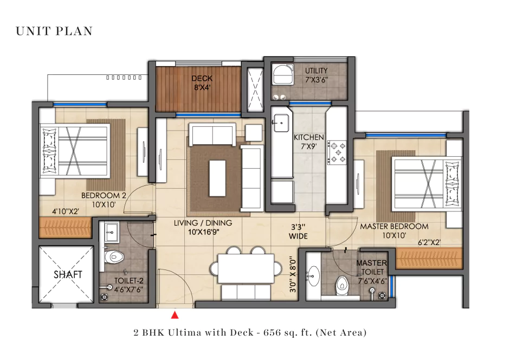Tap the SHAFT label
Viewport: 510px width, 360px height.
[68, 275]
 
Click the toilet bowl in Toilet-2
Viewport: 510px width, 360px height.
[110, 256]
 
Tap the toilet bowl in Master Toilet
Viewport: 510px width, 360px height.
[342, 283]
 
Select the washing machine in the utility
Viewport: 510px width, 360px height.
[282, 73]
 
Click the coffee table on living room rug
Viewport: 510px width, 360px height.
[217, 178]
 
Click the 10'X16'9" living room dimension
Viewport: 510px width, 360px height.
[203, 232]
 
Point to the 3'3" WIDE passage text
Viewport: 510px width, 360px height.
[298, 232]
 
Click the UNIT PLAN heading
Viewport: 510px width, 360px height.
[54, 31]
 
